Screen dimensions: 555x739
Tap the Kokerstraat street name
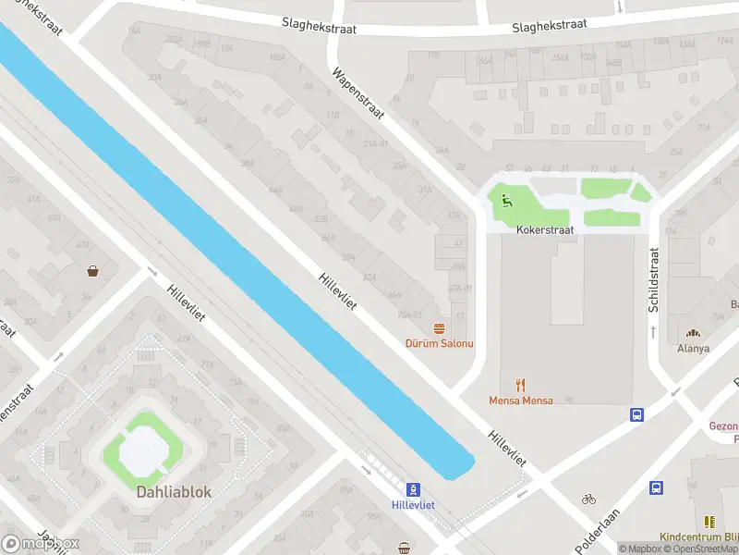[545, 228]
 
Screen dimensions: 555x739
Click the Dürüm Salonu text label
[440, 343]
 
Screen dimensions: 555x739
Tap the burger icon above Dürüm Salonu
[440, 327]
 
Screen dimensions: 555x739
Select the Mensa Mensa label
[521, 401]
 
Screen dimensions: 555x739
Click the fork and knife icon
[521, 385]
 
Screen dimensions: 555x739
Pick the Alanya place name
[693, 349]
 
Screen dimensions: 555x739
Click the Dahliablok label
[175, 492]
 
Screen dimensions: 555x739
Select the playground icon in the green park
[505, 198]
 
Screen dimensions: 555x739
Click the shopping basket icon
[93, 271]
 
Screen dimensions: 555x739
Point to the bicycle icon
[588, 499]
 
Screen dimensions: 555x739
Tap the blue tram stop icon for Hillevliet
[414, 488]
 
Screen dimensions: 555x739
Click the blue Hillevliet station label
[414, 505]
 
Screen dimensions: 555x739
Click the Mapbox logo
[41, 543]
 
